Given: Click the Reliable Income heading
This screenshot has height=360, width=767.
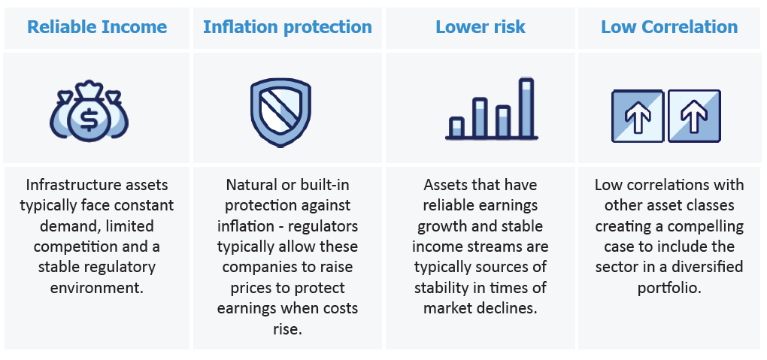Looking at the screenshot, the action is pyautogui.click(x=97, y=26).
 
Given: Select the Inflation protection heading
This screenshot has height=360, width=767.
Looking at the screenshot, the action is pyautogui.click(x=287, y=27).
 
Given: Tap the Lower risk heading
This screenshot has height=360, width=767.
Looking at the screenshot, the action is pyautogui.click(x=481, y=26).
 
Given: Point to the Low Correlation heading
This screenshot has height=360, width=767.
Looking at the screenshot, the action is pyautogui.click(x=669, y=26).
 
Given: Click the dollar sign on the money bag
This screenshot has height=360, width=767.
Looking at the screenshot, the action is pyautogui.click(x=89, y=120).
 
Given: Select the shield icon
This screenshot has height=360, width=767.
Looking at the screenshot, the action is pyautogui.click(x=280, y=112).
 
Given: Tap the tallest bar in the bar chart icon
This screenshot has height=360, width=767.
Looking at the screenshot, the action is pyautogui.click(x=526, y=107).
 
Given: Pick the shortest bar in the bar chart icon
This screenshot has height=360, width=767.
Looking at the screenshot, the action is pyautogui.click(x=456, y=127).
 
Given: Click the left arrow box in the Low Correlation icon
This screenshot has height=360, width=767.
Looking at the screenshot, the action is pyautogui.click(x=638, y=116).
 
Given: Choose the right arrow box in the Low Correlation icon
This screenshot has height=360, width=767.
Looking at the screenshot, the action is pyautogui.click(x=694, y=116).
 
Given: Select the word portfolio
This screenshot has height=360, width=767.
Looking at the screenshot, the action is pyautogui.click(x=669, y=288).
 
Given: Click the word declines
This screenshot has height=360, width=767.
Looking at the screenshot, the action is pyautogui.click(x=510, y=308).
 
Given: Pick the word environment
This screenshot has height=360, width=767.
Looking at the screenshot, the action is pyautogui.click(x=96, y=288).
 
